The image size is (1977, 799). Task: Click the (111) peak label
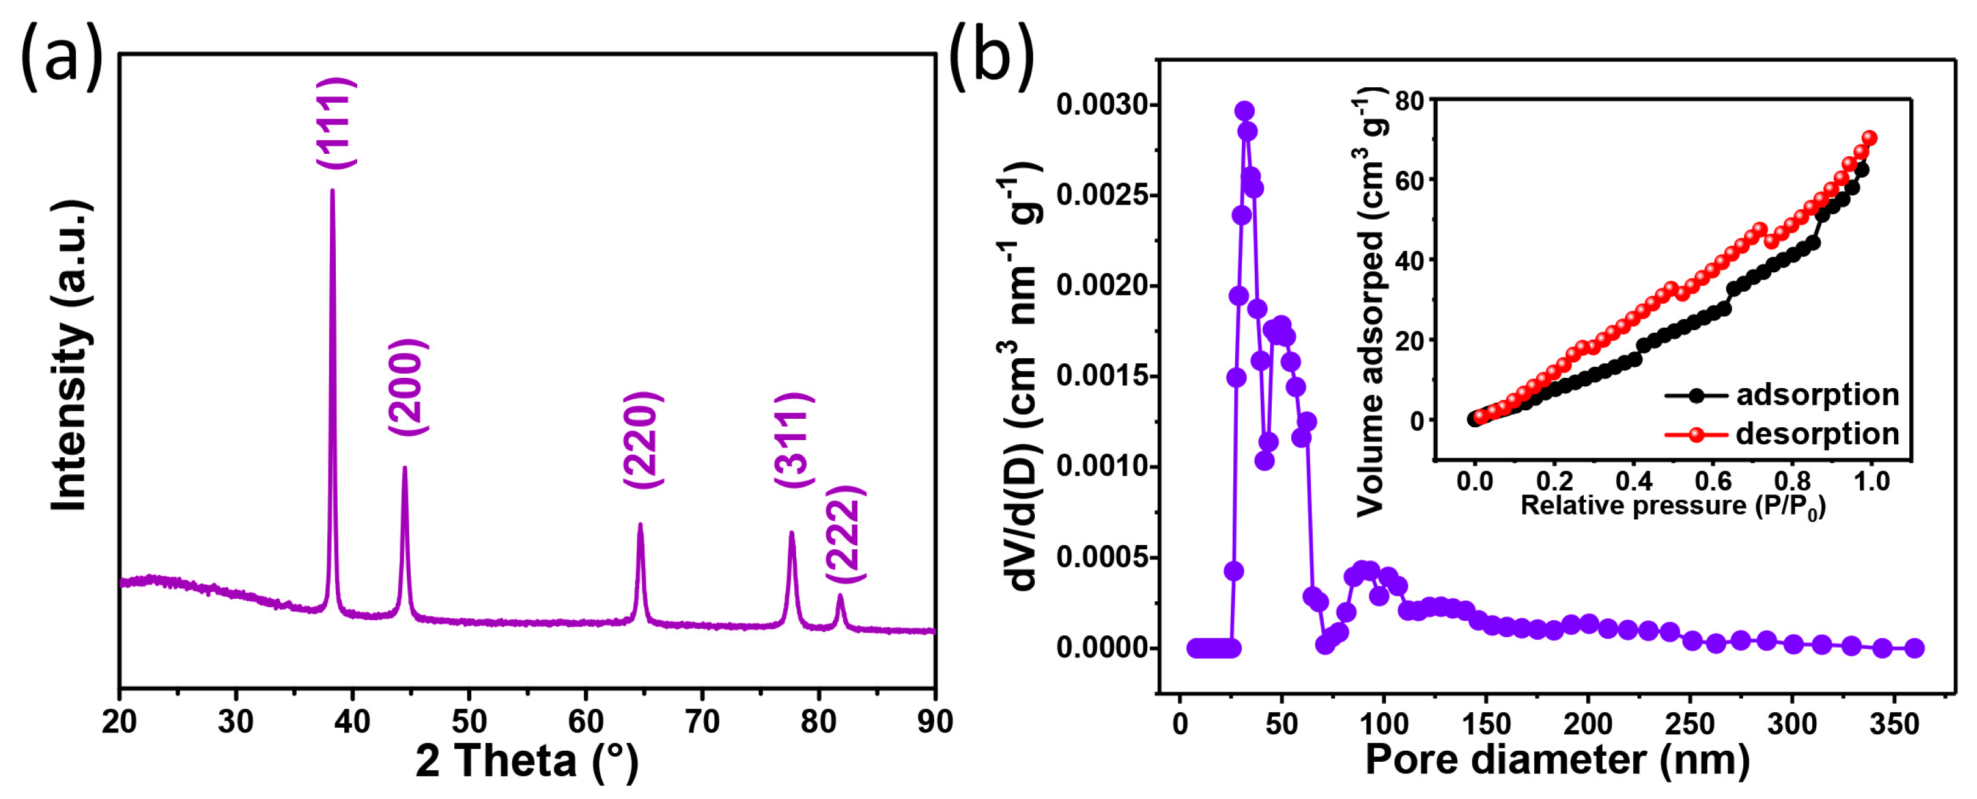tap(336, 123)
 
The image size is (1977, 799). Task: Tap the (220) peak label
tap(642, 440)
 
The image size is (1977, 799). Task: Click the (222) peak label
tap(844, 534)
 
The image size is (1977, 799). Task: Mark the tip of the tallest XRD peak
tap(332, 190)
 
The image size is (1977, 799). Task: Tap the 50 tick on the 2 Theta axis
tap(469, 721)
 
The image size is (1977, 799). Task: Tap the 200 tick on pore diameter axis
tap(1587, 724)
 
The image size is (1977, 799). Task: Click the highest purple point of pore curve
tap(1245, 111)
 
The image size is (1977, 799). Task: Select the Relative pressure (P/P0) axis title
tap(1673, 507)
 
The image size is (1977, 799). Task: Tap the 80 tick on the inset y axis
tap(1409, 101)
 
